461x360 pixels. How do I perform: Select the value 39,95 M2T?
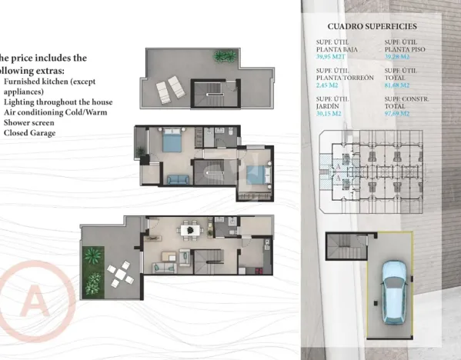[332, 57]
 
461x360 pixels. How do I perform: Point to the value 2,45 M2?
[328, 85]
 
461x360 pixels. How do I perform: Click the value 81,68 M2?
[397, 85]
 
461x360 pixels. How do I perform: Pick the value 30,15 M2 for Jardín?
[329, 113]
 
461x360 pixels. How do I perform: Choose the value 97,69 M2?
[397, 113]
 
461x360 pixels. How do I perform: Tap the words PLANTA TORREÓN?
[345, 78]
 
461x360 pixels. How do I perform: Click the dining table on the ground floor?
[187, 228]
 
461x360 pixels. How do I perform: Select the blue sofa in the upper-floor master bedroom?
[177, 179]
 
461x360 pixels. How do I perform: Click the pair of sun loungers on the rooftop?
[165, 92]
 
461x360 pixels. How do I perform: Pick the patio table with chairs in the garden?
[118, 272]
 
